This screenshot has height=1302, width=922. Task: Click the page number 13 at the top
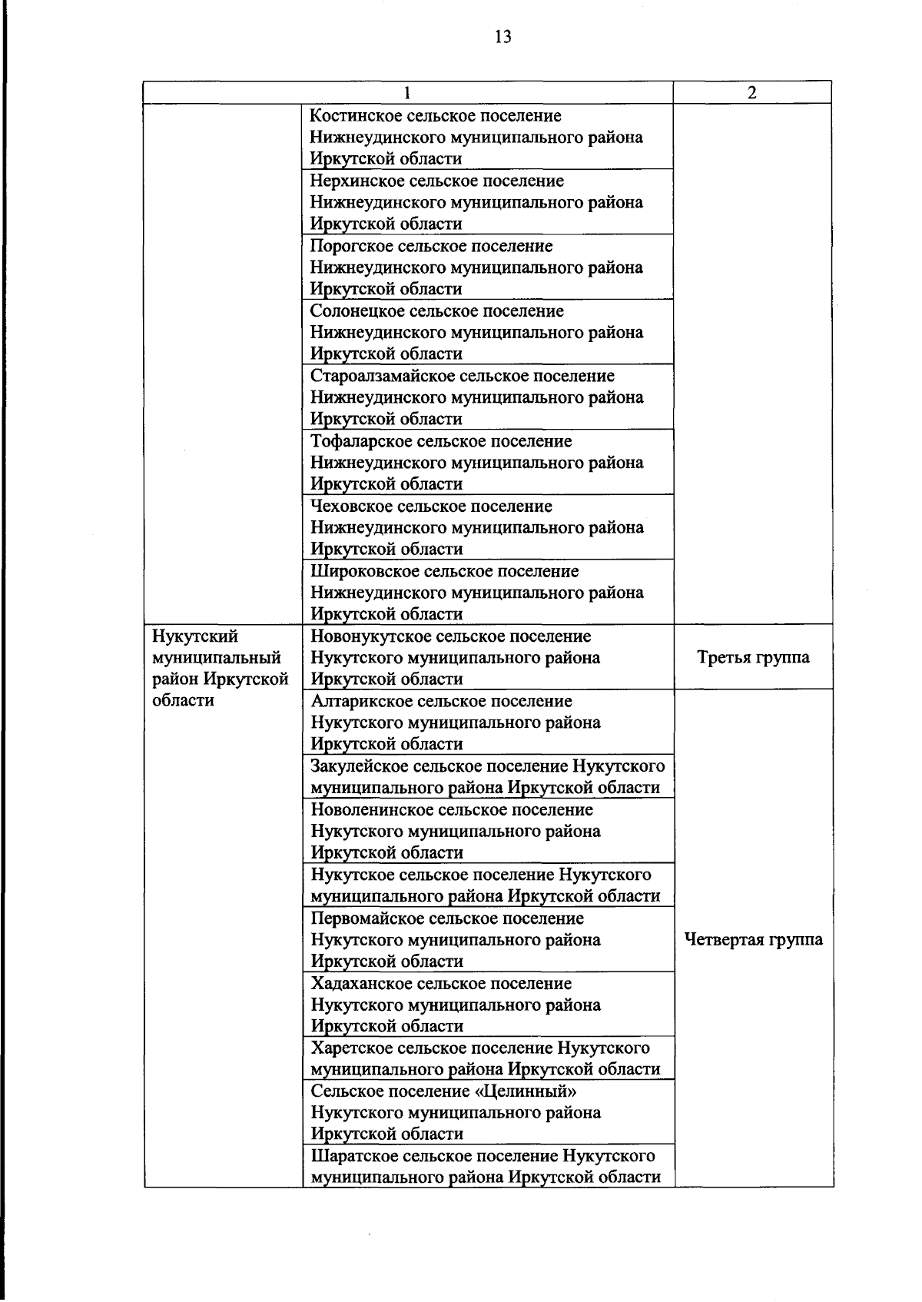(503, 37)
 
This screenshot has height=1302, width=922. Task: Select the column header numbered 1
(407, 92)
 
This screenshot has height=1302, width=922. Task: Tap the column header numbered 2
(751, 92)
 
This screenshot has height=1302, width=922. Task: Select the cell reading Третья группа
(753, 658)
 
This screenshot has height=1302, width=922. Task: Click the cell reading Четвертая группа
(753, 939)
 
